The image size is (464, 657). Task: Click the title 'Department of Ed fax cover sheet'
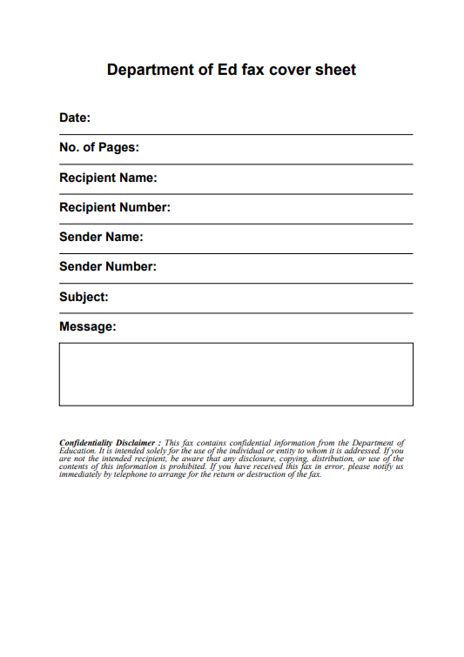(232, 70)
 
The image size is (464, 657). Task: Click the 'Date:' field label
(75, 117)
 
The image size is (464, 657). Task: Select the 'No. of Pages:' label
(99, 148)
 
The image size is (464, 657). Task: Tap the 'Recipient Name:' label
(108, 178)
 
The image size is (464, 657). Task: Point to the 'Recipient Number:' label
(115, 207)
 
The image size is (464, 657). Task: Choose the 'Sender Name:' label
(101, 237)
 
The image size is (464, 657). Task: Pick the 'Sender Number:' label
(108, 266)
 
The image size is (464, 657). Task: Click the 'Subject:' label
(84, 297)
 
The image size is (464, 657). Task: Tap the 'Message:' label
(88, 326)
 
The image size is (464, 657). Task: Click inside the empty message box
(236, 374)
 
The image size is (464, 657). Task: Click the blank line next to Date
(252, 122)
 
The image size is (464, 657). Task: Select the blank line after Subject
(261, 301)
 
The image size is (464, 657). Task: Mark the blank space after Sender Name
(279, 241)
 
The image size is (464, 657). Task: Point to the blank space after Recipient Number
(292, 211)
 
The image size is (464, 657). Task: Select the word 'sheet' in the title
(335, 70)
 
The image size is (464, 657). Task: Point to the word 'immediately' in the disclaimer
(80, 475)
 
